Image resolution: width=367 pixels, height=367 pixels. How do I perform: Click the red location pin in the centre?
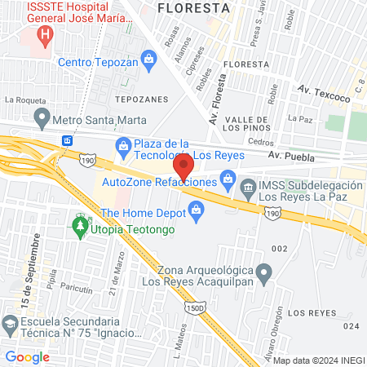click(183, 166)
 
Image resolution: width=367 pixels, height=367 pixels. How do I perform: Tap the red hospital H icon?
click(45, 36)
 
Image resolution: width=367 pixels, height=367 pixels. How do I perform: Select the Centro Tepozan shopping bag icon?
click(148, 59)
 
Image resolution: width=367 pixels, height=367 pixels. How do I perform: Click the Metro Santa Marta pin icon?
click(40, 120)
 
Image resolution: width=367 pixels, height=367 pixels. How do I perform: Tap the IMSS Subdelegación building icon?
click(247, 188)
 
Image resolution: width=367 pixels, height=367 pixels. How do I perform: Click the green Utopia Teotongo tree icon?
click(79, 223)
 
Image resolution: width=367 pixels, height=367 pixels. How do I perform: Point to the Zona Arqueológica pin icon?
click(263, 271)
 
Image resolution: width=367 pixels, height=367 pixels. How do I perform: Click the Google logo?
click(27, 356)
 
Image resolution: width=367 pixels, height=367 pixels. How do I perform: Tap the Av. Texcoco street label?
click(322, 92)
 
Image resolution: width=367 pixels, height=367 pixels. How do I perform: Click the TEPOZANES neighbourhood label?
click(141, 99)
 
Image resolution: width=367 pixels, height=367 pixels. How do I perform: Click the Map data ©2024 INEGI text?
click(319, 360)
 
